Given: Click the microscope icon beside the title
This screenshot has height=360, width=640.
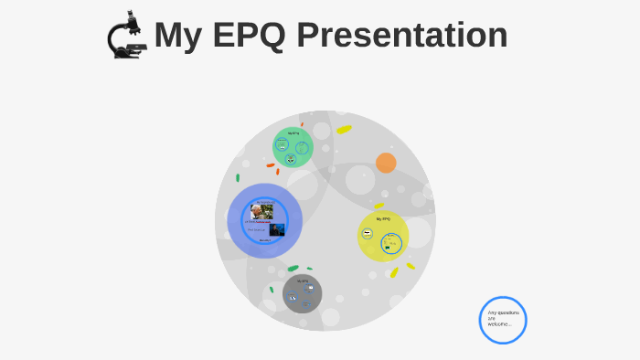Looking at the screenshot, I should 126,36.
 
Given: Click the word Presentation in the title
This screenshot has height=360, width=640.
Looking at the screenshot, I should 402,35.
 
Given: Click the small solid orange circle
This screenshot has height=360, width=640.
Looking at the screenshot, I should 386,163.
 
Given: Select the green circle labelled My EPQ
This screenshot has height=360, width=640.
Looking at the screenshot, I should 293,147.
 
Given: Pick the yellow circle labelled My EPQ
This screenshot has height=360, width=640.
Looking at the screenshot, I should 383,236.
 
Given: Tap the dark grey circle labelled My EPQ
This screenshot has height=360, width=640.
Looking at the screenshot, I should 302,293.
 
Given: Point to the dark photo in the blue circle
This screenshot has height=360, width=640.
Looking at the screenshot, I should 276,229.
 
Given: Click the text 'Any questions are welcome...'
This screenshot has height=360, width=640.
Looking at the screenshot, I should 503,318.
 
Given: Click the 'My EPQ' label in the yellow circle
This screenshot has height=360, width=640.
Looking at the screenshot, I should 383,219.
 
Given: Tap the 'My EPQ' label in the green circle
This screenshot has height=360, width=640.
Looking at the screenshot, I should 293,133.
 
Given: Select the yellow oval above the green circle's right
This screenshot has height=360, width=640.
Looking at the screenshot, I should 344,130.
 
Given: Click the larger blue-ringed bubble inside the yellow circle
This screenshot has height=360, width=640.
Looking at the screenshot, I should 391,244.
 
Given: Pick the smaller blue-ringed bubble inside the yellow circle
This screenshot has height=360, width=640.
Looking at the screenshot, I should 368,234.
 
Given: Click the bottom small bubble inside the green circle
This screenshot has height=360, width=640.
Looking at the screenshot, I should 291,159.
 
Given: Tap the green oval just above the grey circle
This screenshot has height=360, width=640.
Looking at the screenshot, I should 293,268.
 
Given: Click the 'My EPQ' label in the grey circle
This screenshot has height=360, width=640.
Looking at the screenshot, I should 303,281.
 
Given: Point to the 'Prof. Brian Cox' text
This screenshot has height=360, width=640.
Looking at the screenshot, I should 256,229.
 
